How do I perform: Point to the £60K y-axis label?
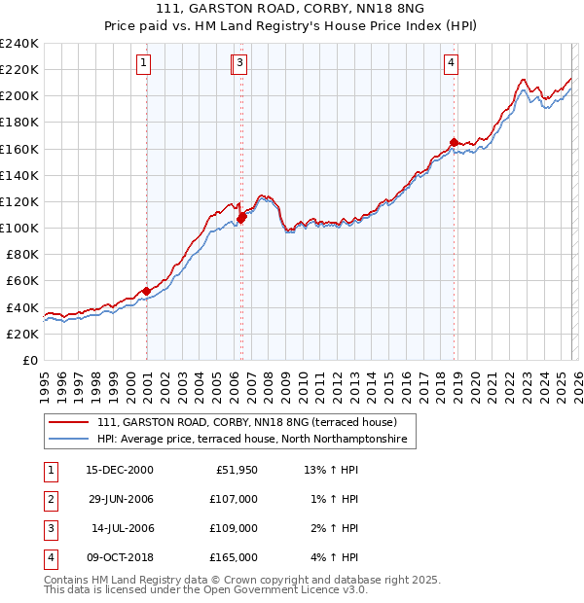click(22, 281)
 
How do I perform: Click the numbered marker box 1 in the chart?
click(144, 64)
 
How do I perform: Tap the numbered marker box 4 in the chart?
click(452, 64)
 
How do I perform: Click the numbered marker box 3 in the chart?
click(239, 64)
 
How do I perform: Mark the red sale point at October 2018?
click(454, 142)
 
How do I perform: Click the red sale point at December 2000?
click(146, 291)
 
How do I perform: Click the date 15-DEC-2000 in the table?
click(120, 470)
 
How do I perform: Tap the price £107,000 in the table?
click(234, 499)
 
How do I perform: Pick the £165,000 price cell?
click(234, 557)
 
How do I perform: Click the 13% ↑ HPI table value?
click(332, 470)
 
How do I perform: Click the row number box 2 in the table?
click(50, 499)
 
